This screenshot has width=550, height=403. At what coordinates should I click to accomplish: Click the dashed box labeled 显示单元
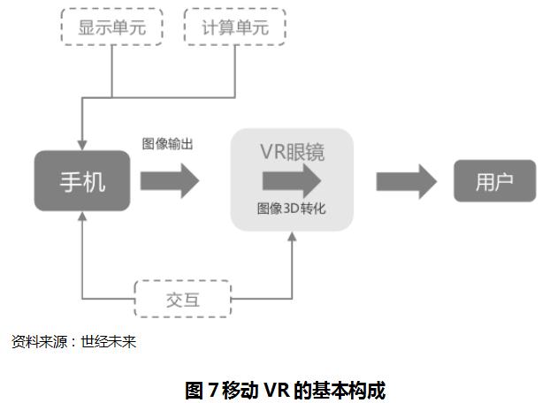[x=112, y=27]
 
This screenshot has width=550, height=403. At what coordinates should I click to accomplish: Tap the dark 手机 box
[x=82, y=181]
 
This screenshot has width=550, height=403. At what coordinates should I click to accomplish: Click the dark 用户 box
[x=494, y=182]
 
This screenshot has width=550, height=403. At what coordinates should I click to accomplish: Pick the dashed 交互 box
[x=182, y=300]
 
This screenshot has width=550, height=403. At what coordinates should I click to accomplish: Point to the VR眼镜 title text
[x=292, y=152]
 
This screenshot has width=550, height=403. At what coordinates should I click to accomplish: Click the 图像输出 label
[x=168, y=142]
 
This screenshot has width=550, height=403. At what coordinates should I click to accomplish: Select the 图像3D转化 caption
[x=292, y=209]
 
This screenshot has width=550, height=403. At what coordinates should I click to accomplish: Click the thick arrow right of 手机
[x=171, y=181]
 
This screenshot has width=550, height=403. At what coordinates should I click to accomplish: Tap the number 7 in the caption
[x=213, y=390]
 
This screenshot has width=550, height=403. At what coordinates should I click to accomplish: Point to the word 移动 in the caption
[x=241, y=390]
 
